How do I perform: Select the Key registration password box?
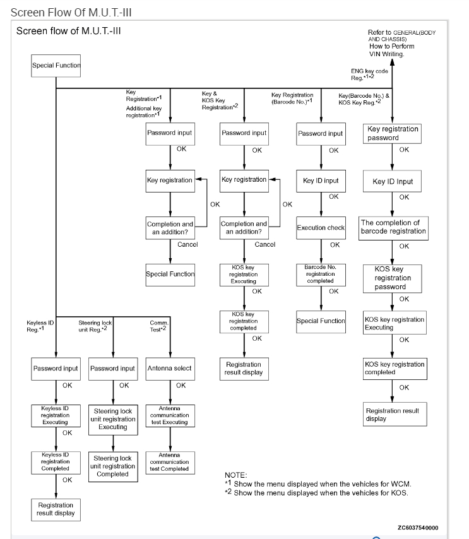click(393, 133)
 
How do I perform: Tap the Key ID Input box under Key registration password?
click(393, 181)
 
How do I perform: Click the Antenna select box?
click(169, 368)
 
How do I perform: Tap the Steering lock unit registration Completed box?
click(113, 466)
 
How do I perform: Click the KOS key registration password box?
click(393, 278)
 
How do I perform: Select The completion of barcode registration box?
click(393, 227)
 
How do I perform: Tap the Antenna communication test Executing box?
click(169, 417)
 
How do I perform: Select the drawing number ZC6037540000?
click(418, 528)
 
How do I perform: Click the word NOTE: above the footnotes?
click(235, 475)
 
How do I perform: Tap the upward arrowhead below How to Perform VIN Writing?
click(393, 62)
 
